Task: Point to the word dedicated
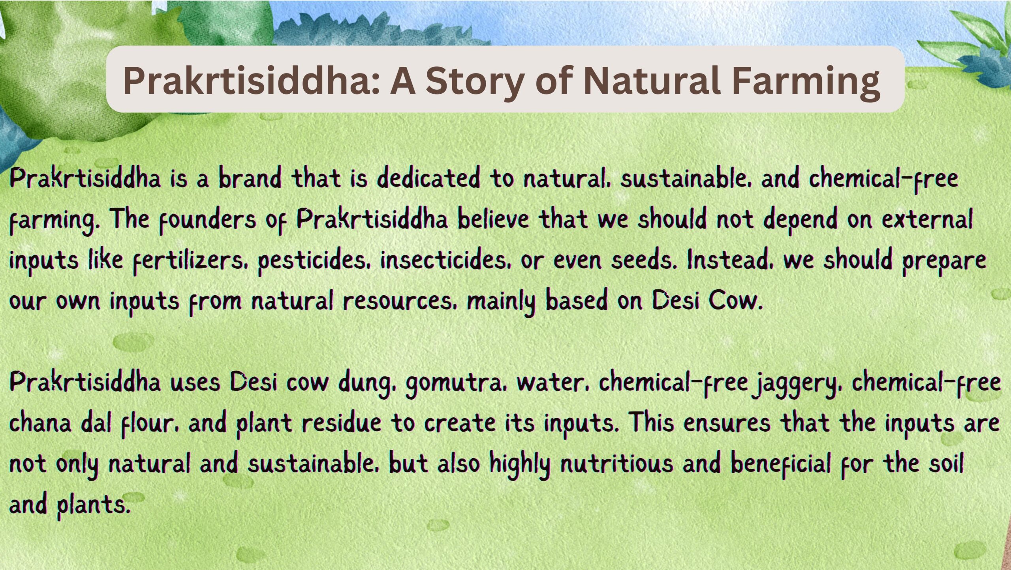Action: [x=428, y=178]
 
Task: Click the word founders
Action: [x=208, y=220]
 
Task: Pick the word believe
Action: [x=493, y=219]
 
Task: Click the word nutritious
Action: [x=617, y=464]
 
